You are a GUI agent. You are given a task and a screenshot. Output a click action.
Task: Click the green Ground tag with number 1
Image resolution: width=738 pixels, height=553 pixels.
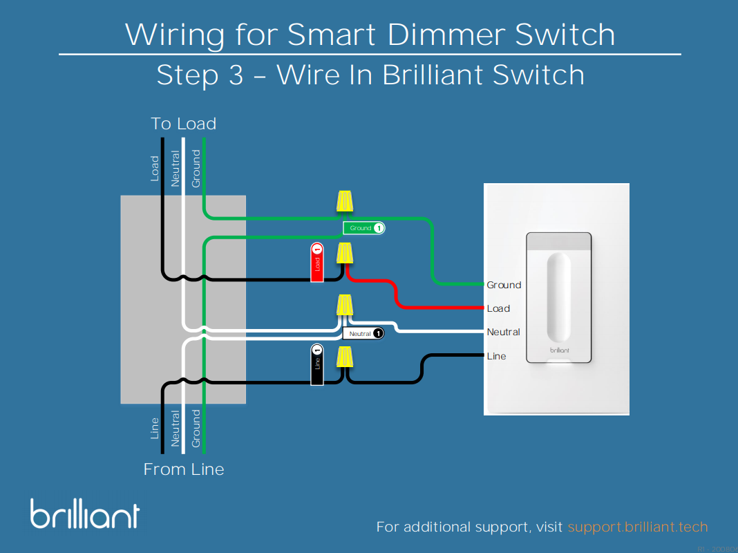click(363, 228)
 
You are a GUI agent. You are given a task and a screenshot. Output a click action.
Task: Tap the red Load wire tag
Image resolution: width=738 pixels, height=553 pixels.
click(317, 263)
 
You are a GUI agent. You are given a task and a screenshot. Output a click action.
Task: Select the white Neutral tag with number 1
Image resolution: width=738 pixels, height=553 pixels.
click(363, 334)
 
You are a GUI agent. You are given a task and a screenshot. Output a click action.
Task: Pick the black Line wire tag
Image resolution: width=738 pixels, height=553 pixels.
click(317, 364)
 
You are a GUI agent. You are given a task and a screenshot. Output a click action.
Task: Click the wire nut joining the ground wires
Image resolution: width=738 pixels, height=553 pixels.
click(345, 201)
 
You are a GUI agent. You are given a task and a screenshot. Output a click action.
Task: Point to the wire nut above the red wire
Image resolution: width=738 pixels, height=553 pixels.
click(345, 254)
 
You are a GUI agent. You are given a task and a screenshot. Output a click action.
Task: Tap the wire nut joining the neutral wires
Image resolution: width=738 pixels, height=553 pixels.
click(345, 305)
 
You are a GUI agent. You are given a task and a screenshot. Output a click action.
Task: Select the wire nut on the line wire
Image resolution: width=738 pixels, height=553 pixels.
click(345, 357)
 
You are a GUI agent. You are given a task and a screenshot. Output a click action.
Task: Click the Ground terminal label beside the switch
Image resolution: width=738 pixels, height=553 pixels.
click(504, 285)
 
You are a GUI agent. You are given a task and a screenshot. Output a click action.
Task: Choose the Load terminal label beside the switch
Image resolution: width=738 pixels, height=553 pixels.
click(498, 308)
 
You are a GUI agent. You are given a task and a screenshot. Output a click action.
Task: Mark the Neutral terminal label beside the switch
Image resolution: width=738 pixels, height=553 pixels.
click(503, 332)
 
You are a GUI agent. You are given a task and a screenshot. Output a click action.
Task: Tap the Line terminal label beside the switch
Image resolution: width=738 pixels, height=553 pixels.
click(496, 356)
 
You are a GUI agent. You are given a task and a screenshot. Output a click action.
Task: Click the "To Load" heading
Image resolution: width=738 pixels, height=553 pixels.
click(184, 124)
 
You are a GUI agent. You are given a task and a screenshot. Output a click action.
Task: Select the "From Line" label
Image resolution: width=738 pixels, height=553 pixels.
click(184, 469)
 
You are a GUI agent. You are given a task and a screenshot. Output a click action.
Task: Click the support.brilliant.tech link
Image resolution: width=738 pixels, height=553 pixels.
click(638, 527)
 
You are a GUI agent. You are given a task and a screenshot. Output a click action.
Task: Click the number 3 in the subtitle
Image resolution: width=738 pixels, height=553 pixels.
click(235, 75)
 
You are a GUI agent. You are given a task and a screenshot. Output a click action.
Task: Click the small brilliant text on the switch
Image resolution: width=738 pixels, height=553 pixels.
click(559, 350)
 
